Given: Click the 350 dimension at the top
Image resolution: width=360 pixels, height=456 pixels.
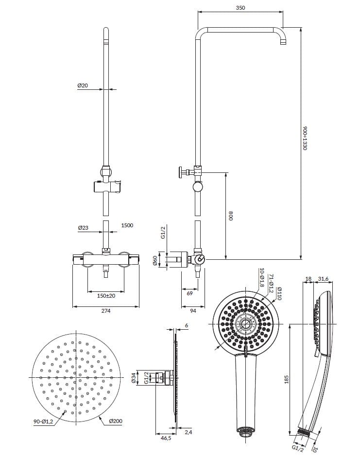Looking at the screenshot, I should [240, 8].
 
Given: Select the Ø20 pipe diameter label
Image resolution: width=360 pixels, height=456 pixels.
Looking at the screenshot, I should [83, 85].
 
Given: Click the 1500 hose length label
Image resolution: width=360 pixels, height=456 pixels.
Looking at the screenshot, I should [127, 225].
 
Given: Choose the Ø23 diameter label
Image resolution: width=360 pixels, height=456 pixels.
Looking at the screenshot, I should [83, 227].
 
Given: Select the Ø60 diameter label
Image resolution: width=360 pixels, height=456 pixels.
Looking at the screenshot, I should [156, 260].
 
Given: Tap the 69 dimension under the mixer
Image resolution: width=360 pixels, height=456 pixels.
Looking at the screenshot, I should [189, 293].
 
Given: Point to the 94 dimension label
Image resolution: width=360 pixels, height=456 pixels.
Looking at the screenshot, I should [193, 311].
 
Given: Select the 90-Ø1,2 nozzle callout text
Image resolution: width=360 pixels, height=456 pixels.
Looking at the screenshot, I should [44, 422].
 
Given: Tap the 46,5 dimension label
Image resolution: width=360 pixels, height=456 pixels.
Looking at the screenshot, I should [166, 438].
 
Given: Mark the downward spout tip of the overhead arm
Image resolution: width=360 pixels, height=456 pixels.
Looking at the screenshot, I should [282, 44].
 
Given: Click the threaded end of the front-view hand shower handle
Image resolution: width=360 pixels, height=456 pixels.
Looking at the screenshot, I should [246, 430].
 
